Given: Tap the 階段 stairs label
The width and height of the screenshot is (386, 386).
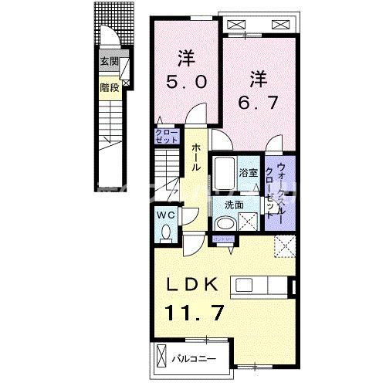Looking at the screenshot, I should coord(109,87).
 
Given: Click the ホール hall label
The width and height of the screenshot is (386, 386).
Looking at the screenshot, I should coord(198,158).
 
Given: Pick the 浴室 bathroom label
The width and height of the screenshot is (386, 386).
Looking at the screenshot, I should coord(248,173).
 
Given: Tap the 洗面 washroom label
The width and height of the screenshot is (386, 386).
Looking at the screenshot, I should coord(235,205).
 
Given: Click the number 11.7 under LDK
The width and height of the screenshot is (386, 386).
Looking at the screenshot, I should coord(192,313).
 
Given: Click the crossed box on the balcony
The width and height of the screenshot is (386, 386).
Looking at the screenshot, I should coord(161,357).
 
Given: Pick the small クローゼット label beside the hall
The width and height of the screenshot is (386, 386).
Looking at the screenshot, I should coord(164,137).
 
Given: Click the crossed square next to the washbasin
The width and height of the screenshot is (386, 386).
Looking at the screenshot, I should coord(249,222).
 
